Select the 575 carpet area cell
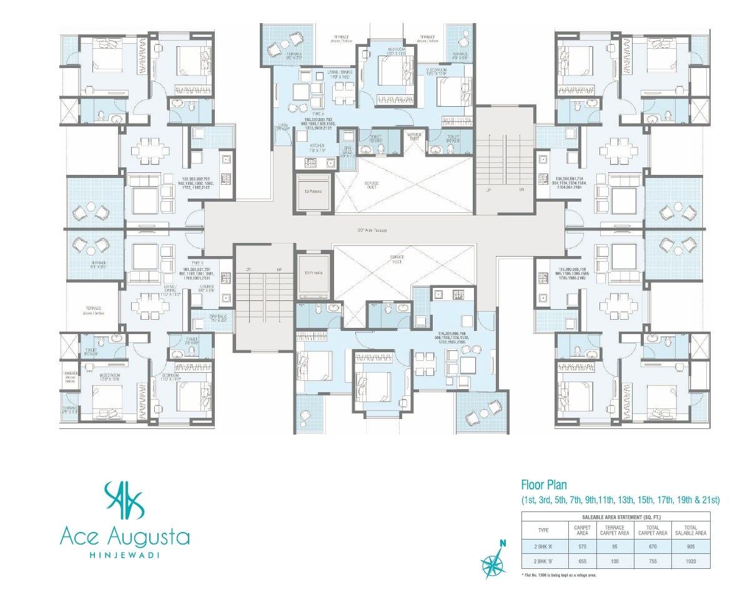click(x=582, y=545)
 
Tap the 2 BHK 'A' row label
click(x=543, y=545)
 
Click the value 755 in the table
click(x=652, y=561)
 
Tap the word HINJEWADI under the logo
click(x=124, y=554)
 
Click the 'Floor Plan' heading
click(x=545, y=485)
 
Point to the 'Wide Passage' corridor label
click(x=372, y=230)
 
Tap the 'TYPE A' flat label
click(x=319, y=114)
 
